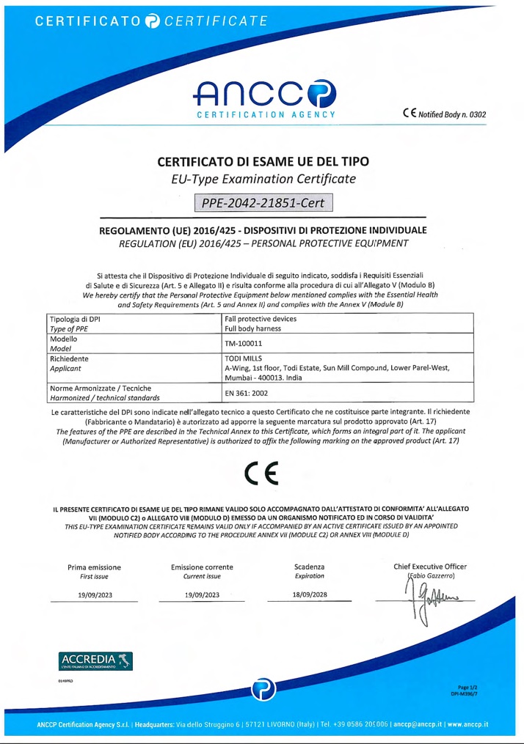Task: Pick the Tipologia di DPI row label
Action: click(x=73, y=320)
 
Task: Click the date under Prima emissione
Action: click(x=94, y=594)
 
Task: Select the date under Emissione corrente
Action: click(x=202, y=594)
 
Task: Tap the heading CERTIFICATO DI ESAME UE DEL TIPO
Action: click(x=263, y=161)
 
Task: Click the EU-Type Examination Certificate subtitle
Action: click(x=263, y=179)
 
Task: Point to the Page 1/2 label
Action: click(x=467, y=686)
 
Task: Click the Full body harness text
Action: click(x=258, y=330)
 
